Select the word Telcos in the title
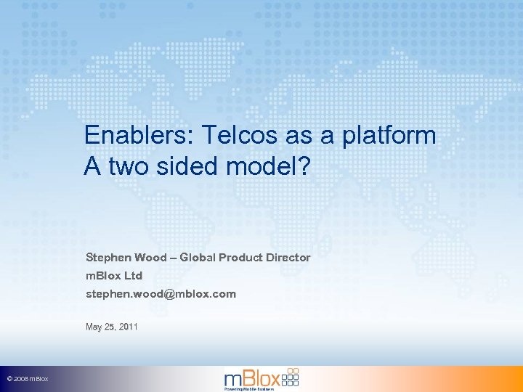225,135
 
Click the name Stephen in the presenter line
108,258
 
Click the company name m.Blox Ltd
114,276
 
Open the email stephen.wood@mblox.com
161,294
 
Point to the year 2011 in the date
128,327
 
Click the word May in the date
94,327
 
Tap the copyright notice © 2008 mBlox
28,380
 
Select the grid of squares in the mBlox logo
289,376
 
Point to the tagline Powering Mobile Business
249,390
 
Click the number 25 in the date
110,327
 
